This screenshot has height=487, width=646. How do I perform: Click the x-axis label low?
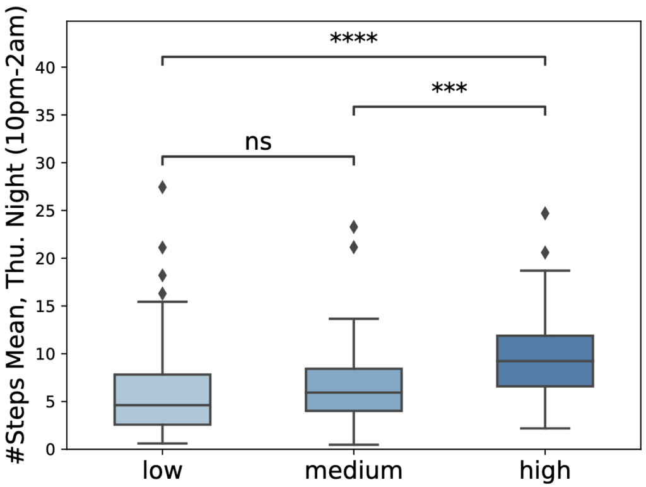pyautogui.click(x=162, y=471)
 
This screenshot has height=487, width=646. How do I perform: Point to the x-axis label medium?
pyautogui.click(x=353, y=471)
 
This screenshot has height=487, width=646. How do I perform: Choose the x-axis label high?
pyautogui.click(x=544, y=471)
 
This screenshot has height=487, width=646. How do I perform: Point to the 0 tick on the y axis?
pyautogui.click(x=54, y=449)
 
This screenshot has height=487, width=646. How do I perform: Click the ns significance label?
pyautogui.click(x=258, y=142)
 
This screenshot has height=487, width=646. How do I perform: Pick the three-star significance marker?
pyautogui.click(x=449, y=89)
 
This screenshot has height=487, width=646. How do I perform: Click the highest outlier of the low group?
pyautogui.click(x=162, y=187)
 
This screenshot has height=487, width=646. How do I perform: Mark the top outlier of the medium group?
pyautogui.click(x=353, y=227)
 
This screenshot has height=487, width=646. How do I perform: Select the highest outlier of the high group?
pyautogui.click(x=544, y=213)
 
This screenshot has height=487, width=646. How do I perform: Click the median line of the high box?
pyautogui.click(x=544, y=361)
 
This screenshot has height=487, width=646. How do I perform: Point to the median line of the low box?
pyautogui.click(x=162, y=405)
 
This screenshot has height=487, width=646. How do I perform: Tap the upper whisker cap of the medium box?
pyautogui.click(x=353, y=319)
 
